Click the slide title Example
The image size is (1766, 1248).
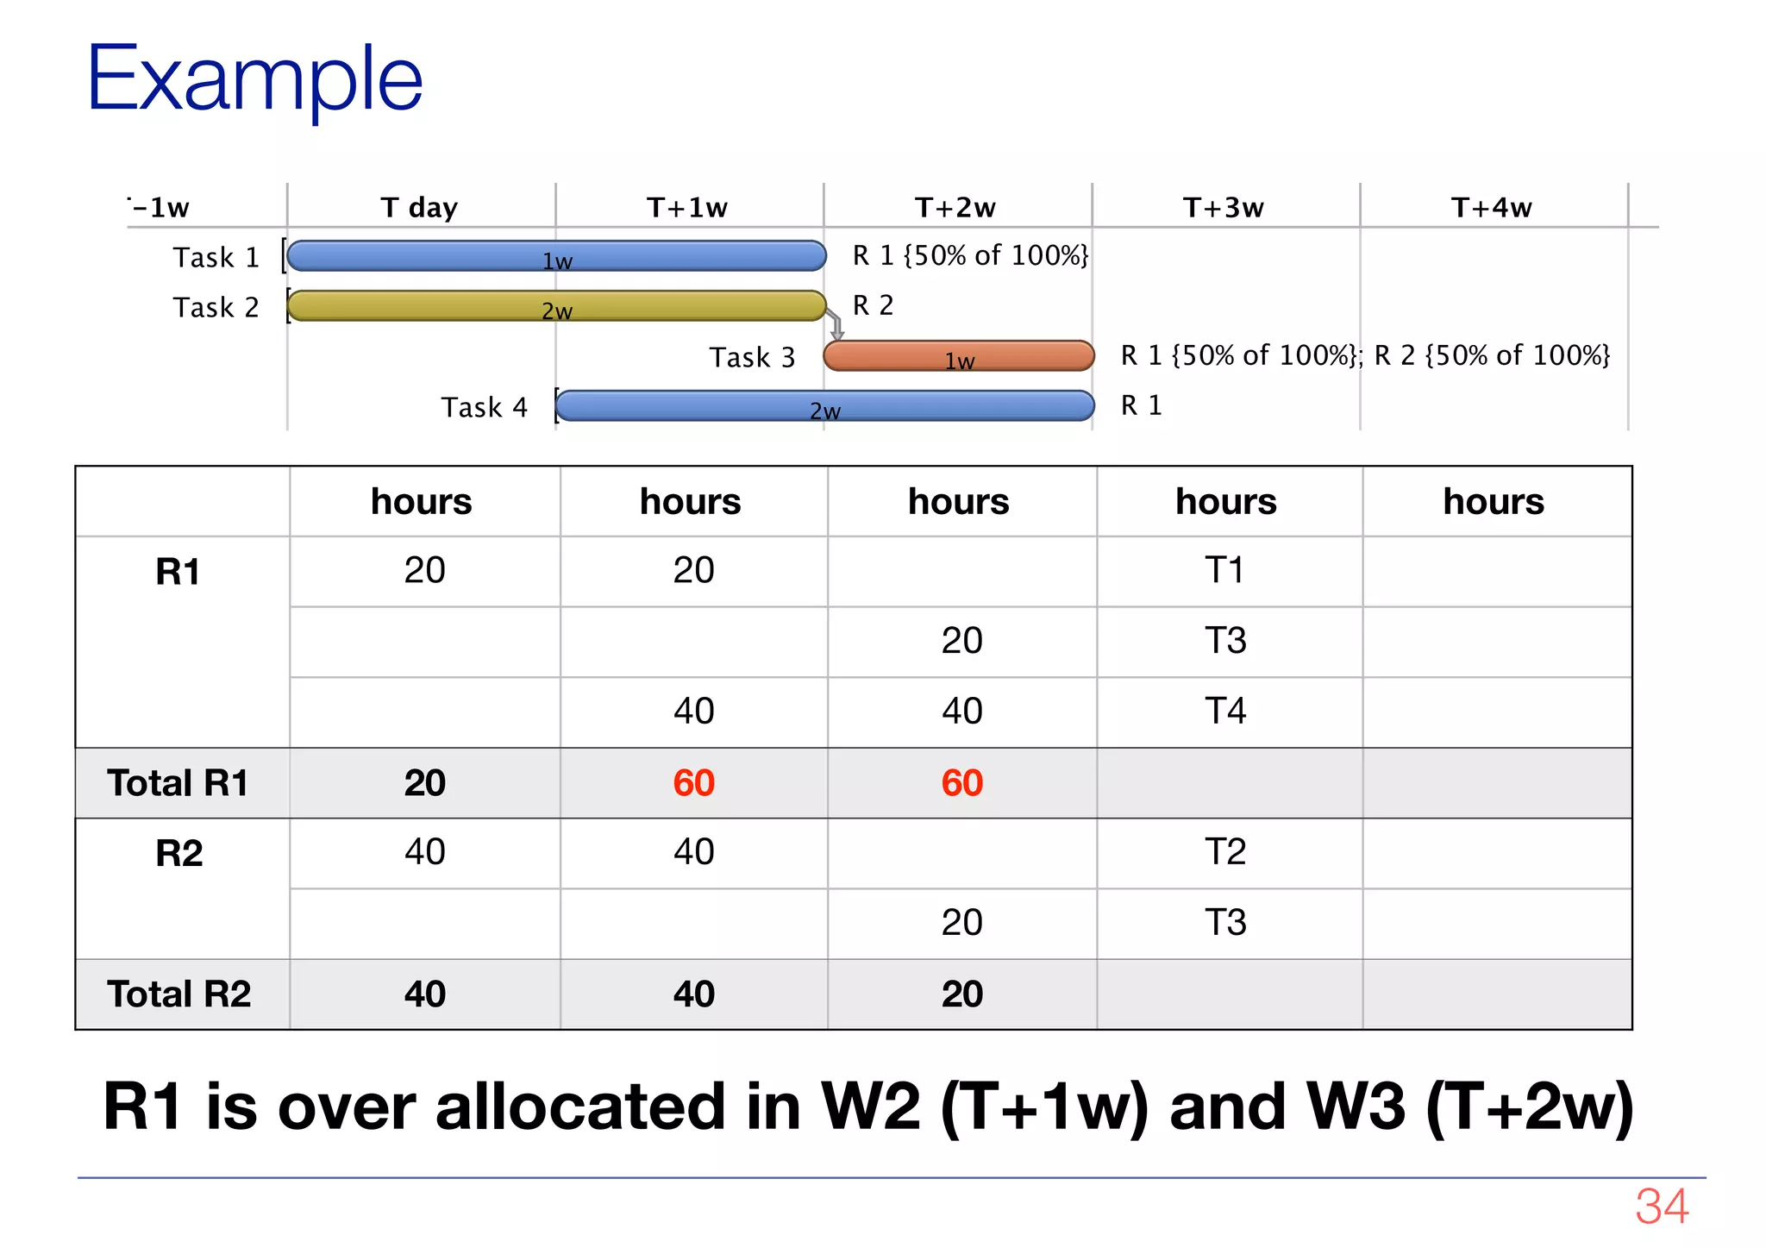click(254, 79)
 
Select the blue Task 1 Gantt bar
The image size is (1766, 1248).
click(556, 256)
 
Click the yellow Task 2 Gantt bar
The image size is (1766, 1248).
click(556, 306)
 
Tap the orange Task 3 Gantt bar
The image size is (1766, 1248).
click(958, 356)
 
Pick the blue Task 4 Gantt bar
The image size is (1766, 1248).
click(824, 406)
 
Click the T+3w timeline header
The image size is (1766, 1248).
click(1224, 208)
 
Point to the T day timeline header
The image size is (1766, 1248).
click(419, 208)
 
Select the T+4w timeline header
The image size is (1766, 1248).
click(1492, 208)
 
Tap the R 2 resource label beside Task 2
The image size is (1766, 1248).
click(873, 305)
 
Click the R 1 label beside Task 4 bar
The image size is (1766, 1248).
click(1141, 405)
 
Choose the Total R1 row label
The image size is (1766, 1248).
click(178, 783)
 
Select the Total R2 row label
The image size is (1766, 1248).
click(179, 994)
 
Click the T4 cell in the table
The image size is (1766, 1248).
click(1225, 712)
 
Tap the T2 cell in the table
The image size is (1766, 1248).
click(1225, 852)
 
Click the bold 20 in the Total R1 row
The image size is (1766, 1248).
click(424, 783)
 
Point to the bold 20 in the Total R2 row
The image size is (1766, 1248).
click(961, 994)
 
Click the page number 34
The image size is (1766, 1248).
click(1662, 1206)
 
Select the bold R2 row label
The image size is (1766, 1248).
click(179, 853)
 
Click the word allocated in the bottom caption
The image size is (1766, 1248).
click(580, 1107)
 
